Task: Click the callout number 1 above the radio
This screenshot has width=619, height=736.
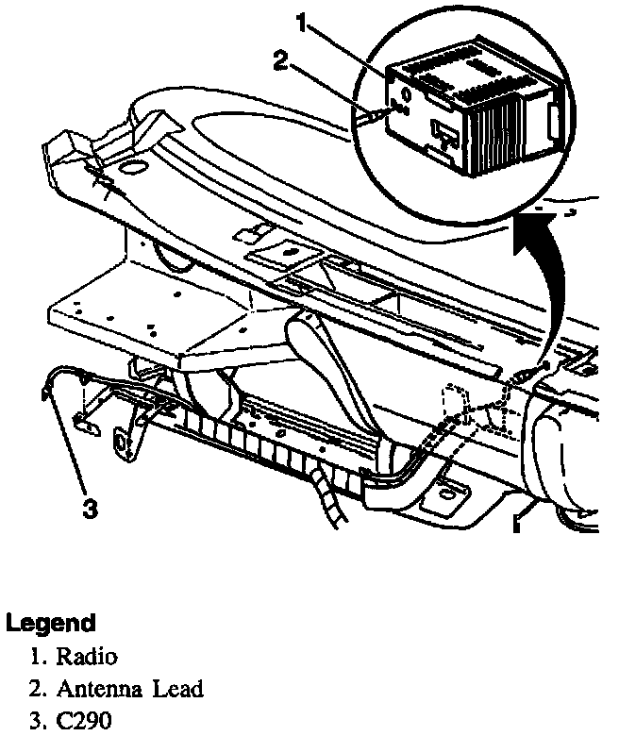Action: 302,24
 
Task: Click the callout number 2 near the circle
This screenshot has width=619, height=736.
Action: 279,62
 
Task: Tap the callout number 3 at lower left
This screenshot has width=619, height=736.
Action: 90,509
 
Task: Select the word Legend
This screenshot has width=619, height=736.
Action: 51,623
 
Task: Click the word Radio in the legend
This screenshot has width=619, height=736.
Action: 87,656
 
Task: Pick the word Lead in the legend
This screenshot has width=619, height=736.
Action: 180,689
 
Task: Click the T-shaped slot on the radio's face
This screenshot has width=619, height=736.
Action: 441,132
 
